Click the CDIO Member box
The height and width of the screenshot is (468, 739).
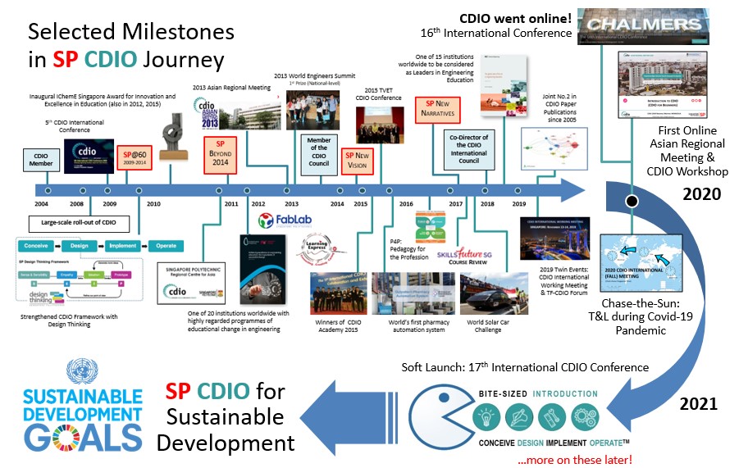(x=41, y=159)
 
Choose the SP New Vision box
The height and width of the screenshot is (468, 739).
(x=357, y=161)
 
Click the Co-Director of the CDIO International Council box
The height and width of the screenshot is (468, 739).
(x=469, y=149)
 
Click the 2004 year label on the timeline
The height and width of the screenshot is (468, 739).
(x=41, y=202)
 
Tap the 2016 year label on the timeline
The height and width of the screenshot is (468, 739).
(x=405, y=202)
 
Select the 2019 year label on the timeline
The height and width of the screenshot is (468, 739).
(x=518, y=202)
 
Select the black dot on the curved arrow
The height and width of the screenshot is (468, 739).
(x=630, y=201)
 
